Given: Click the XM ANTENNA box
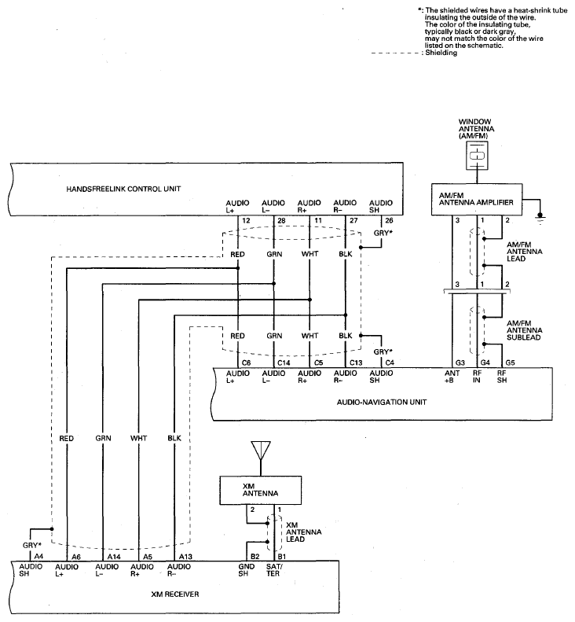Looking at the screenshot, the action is coord(260,491).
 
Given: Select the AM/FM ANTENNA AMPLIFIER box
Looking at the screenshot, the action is coord(477,200).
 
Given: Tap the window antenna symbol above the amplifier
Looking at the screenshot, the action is coord(477,155).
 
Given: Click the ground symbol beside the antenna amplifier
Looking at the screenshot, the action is coord(540,216).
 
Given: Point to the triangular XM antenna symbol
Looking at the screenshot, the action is coord(261,451).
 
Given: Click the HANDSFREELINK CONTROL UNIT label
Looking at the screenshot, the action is coord(123,189).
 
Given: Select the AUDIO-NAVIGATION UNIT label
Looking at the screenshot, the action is coord(382,402).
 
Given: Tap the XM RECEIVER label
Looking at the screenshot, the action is coord(174,594).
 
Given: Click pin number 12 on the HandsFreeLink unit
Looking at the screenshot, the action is coord(246,220).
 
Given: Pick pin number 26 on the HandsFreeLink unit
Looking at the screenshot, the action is coord(389,220).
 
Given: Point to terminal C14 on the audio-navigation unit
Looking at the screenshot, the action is coord(284,363).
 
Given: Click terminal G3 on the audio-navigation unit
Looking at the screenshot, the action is coord(460,363).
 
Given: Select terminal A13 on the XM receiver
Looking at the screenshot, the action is coord(185,557).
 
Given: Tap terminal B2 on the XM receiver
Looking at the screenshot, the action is coord(255,557).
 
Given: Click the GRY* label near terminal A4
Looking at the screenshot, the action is coord(31,545).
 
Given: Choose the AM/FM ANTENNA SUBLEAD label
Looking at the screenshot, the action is coord(524,330).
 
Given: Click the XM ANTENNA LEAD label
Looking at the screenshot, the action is coord(303,532).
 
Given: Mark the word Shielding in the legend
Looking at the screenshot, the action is coord(441,53).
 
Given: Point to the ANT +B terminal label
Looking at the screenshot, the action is coord(452,377).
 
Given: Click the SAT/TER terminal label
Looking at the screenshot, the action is coord(274,570).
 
